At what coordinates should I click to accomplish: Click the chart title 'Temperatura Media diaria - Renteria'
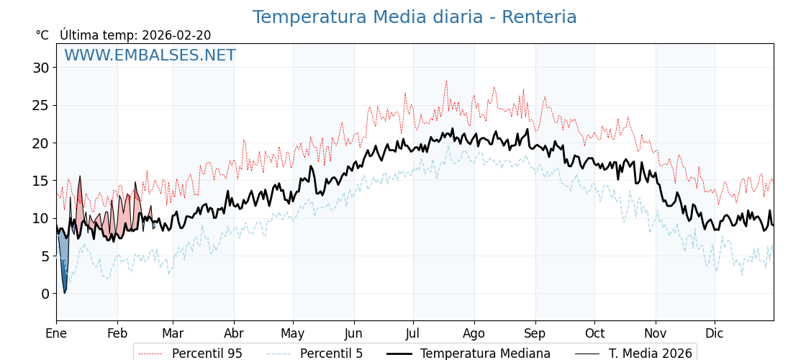click(415, 17)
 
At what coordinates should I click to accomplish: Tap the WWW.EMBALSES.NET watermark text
click(150, 55)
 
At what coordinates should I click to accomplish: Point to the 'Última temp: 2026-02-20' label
click(135, 35)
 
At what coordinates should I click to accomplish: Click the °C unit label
click(42, 35)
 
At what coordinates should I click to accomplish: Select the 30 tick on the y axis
click(40, 68)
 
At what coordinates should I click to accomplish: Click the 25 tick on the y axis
click(40, 105)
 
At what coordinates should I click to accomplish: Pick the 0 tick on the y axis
click(45, 294)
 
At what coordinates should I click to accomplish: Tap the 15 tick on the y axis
click(40, 181)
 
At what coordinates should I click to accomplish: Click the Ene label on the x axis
click(56, 334)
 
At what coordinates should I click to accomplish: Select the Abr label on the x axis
click(234, 334)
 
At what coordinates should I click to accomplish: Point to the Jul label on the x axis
click(413, 334)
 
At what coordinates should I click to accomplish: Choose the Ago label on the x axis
click(474, 334)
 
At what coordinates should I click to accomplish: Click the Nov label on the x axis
click(656, 334)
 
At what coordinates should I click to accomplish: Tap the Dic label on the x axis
click(715, 334)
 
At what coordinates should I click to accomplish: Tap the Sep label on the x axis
click(535, 334)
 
